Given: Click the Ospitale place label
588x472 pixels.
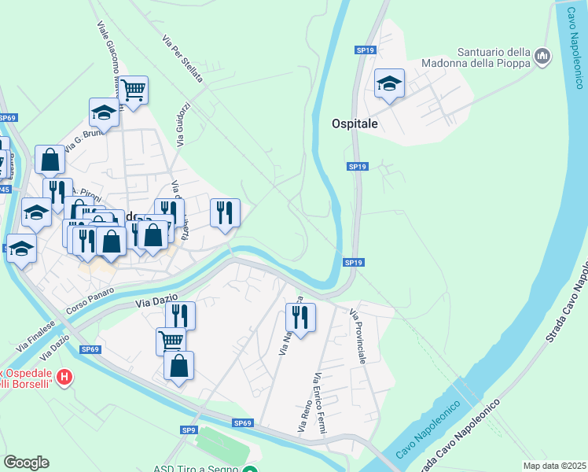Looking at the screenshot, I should coord(355,124).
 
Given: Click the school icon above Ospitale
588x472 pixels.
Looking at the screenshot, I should coord(389,83).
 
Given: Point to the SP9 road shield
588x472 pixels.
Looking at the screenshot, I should coord(189,430).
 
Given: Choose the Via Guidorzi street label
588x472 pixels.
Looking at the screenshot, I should coord(182,124).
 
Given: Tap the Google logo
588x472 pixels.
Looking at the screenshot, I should coord(26,463).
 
